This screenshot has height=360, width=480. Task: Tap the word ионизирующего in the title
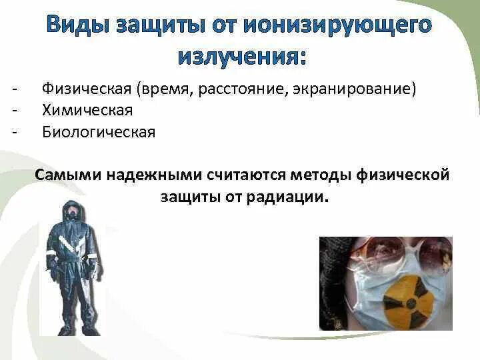[338, 26]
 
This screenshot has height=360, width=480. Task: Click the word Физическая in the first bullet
[87, 89]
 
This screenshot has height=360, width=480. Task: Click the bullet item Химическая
[87, 110]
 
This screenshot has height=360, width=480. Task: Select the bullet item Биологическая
[99, 132]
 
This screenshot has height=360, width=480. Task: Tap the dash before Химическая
[15, 111]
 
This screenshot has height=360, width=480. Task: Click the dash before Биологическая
[15, 132]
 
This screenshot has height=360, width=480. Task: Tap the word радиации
[287, 197]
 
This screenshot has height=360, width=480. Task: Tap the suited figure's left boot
[65, 329]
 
